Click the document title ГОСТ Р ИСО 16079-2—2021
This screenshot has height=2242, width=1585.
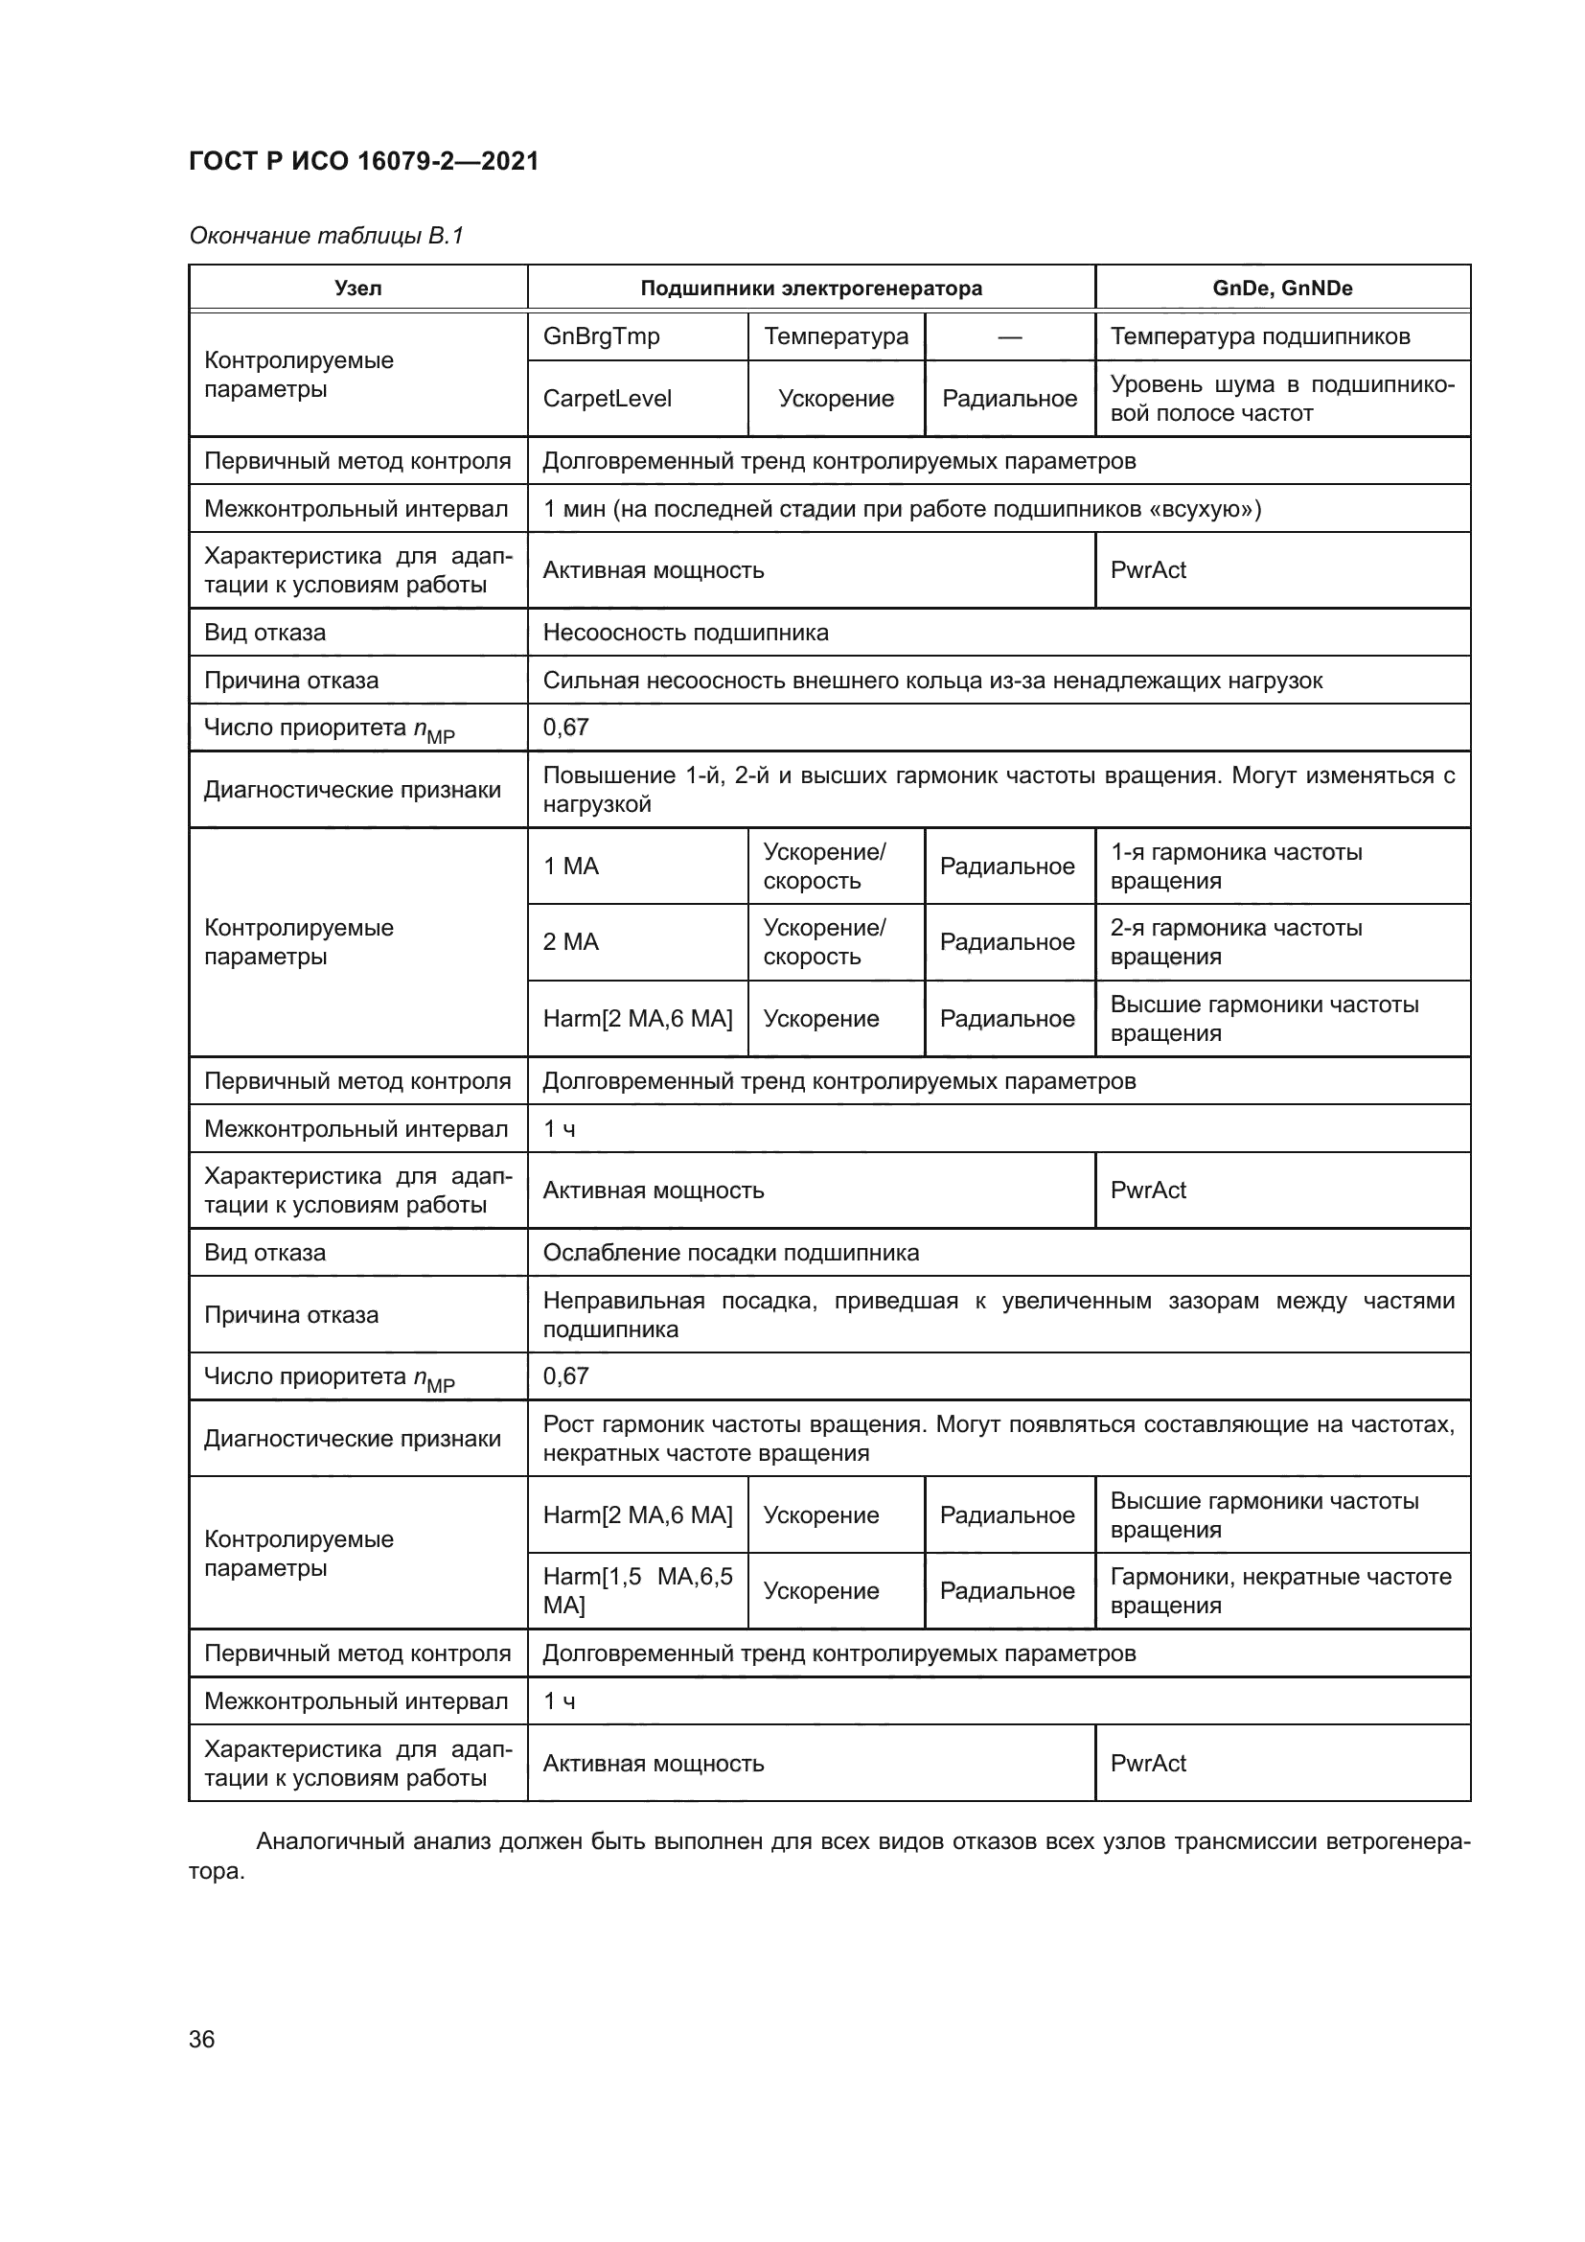coord(363,161)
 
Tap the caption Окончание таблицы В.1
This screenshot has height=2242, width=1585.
coord(326,236)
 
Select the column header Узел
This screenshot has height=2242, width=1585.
coord(358,289)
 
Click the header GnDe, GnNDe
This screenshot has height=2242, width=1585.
coord(1281,289)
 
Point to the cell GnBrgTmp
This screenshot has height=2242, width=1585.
coord(601,336)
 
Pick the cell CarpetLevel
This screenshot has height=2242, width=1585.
coord(607,399)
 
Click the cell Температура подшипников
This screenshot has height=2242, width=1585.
coord(1260,336)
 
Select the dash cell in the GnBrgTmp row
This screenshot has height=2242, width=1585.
coord(1009,337)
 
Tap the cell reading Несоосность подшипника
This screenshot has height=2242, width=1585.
coord(685,633)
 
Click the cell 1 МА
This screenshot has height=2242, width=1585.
coord(571,867)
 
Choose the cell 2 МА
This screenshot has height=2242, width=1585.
coord(571,942)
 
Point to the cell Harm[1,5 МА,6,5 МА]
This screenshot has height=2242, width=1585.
coord(636,1591)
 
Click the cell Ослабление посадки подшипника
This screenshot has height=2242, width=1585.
coord(730,1253)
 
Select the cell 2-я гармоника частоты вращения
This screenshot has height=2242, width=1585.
coord(1235,942)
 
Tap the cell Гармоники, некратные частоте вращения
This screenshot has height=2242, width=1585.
coord(1279,1591)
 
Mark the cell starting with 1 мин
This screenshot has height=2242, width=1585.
coord(901,509)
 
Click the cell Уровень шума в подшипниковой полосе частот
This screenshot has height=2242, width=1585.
coord(1281,399)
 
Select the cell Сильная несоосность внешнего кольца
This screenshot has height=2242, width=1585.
coord(932,681)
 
